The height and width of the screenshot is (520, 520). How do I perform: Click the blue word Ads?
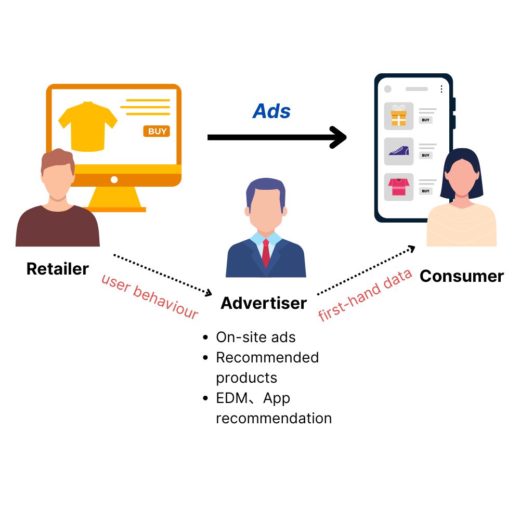[271, 111]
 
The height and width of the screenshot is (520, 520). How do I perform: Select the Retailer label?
[58, 269]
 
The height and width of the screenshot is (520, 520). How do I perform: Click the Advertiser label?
[264, 303]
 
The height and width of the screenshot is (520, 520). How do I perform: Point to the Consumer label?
[461, 276]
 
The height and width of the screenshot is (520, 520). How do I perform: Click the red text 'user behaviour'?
[149, 296]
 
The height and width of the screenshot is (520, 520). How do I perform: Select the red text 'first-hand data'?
[365, 294]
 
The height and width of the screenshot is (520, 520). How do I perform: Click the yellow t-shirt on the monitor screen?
[88, 125]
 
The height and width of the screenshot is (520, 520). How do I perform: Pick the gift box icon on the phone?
[399, 116]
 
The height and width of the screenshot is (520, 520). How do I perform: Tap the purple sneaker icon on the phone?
[399, 151]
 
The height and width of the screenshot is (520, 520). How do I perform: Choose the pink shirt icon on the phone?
[399, 187]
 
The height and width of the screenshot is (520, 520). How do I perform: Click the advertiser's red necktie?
[266, 253]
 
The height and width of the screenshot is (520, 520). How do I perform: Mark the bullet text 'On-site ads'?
[256, 337]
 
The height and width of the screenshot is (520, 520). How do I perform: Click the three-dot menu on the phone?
[441, 89]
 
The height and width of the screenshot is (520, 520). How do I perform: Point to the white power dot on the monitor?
[114, 179]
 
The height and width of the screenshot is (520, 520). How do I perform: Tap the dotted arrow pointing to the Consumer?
[367, 271]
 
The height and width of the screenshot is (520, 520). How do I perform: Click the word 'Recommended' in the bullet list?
[267, 358]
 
